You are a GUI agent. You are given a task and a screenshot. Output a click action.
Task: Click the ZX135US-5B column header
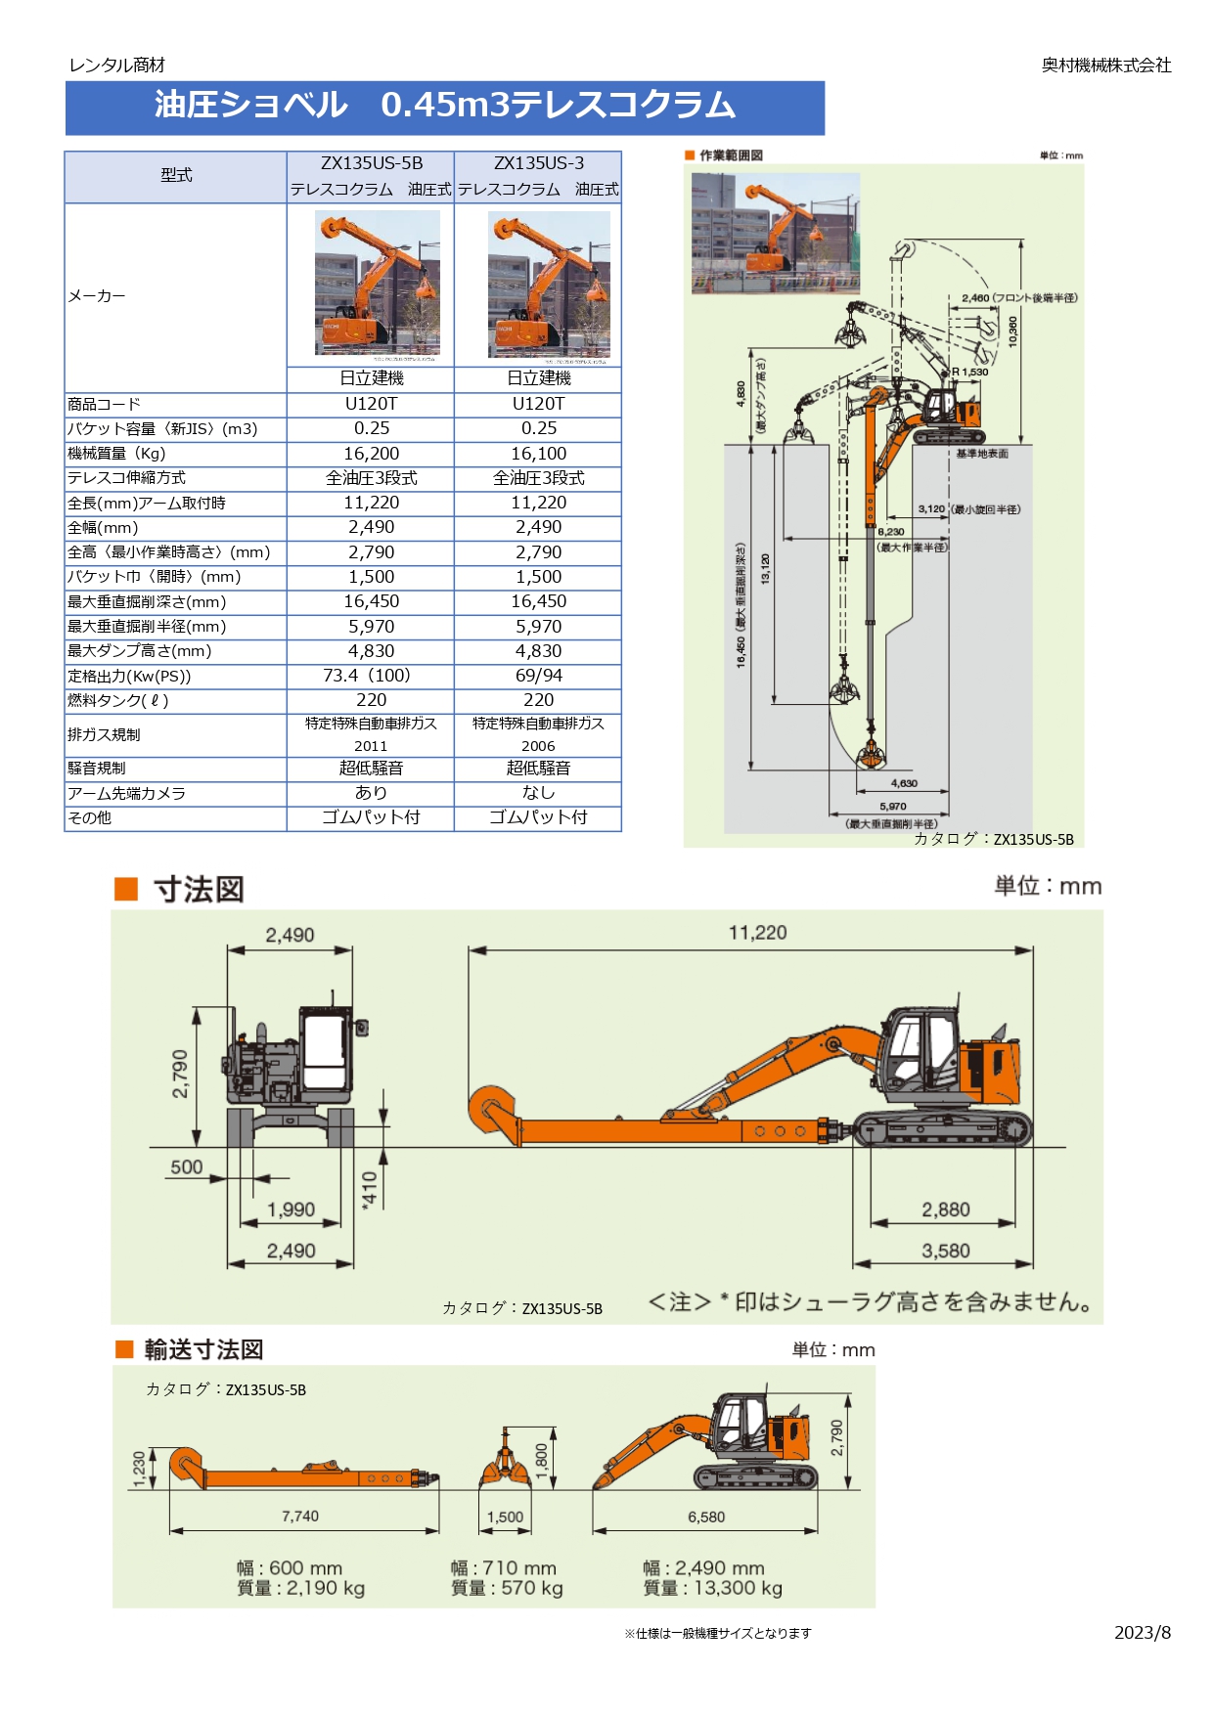click(371, 163)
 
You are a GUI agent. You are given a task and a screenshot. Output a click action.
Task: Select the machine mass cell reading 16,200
click(371, 454)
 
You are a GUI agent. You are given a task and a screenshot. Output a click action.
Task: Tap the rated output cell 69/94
click(538, 676)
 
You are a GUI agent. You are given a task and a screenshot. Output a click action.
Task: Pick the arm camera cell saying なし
click(538, 793)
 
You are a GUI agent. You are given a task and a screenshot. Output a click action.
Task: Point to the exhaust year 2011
click(371, 746)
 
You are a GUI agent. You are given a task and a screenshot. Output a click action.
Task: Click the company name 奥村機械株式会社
click(1105, 66)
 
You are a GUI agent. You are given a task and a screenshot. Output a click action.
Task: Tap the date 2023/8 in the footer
click(1142, 1633)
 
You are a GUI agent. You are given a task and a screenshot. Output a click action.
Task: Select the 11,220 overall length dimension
click(757, 933)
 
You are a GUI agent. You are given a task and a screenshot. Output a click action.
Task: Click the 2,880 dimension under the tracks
click(945, 1209)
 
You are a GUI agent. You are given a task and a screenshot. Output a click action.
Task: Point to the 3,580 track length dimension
click(945, 1251)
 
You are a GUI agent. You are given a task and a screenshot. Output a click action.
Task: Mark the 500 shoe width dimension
click(187, 1167)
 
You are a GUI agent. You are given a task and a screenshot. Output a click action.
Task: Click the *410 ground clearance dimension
click(369, 1190)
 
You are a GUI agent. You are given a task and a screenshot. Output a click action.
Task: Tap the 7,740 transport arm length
click(300, 1517)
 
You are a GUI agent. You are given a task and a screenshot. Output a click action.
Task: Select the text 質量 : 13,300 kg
click(712, 1589)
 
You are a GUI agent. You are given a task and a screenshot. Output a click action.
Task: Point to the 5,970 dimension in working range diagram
click(892, 807)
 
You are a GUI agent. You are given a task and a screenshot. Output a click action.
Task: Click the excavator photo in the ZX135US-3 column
click(549, 285)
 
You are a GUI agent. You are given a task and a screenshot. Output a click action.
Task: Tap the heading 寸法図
click(199, 890)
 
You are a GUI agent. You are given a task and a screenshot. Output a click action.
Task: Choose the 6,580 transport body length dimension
click(706, 1517)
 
